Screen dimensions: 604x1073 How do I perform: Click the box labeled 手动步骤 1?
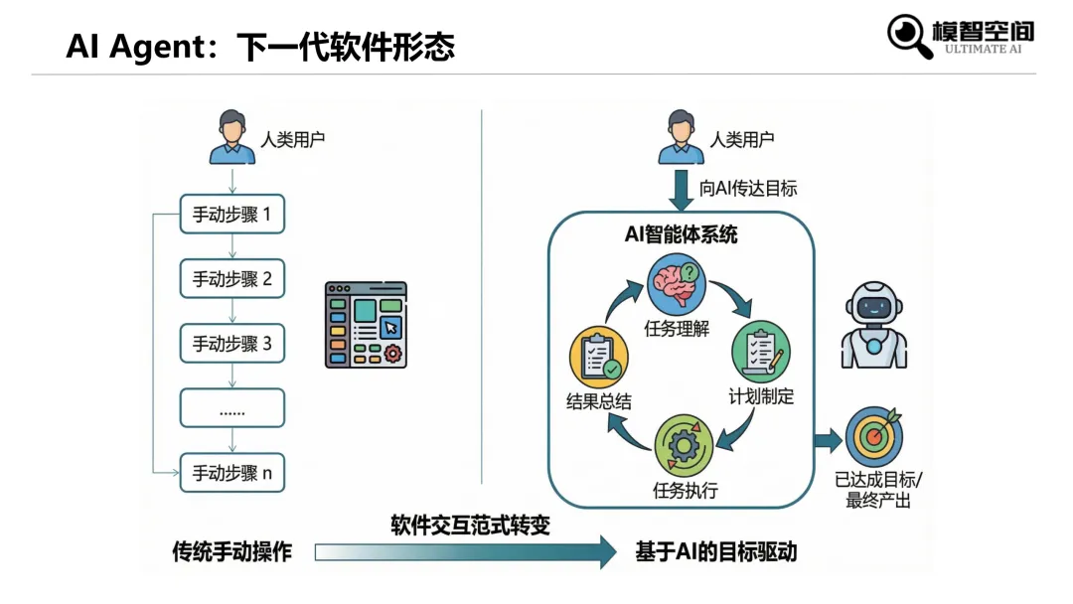tap(231, 214)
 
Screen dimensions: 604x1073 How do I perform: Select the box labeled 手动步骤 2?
tap(231, 279)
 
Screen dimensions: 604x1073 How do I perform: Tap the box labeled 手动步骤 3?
tap(231, 344)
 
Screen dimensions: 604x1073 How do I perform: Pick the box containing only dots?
tap(231, 408)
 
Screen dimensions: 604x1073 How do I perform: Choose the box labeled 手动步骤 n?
tap(231, 473)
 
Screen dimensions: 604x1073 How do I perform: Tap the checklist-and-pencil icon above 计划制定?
tap(761, 350)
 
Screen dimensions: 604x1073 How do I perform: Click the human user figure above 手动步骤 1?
tap(231, 137)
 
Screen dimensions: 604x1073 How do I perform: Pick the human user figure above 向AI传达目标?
tap(681, 137)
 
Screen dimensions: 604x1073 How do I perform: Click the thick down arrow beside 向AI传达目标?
tap(681, 190)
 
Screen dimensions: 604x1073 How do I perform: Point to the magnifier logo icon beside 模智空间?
tap(908, 36)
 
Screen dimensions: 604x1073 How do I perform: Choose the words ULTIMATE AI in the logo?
tap(983, 49)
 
